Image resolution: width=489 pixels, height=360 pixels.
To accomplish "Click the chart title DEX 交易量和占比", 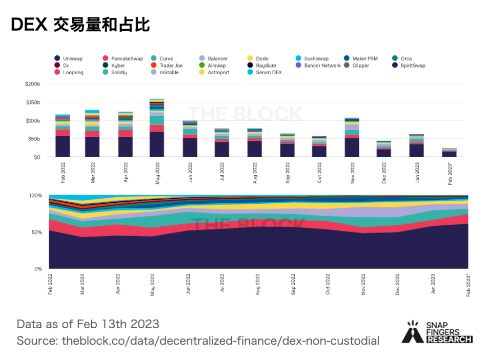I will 80,25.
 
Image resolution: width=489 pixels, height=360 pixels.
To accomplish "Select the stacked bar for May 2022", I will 157,128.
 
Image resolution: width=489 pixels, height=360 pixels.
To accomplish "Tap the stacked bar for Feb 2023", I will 450,153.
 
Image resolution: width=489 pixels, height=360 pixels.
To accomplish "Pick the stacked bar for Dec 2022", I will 384,149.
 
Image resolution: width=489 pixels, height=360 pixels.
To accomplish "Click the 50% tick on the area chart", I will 36,232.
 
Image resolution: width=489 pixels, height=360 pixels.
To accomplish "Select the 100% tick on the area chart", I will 35,196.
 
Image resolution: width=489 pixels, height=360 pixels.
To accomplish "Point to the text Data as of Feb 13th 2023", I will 88,324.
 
